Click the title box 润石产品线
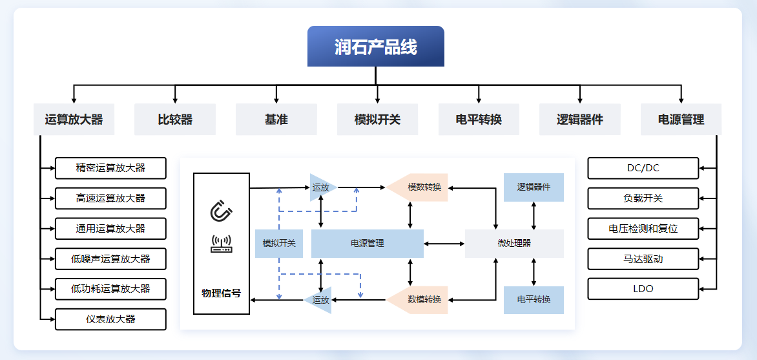[x=376, y=46]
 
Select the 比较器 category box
[x=175, y=120]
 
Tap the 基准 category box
[x=276, y=120]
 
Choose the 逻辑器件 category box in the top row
[x=580, y=120]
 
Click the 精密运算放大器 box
[x=110, y=168]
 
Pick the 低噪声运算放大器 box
[x=110, y=259]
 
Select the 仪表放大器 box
[x=110, y=319]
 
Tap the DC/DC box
[x=643, y=168]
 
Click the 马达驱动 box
[x=643, y=259]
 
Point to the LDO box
[x=643, y=289]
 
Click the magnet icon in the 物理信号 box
[x=221, y=211]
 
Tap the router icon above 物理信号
[x=221, y=244]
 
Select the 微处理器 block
[x=514, y=244]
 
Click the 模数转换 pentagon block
[x=417, y=187]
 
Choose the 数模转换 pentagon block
[x=417, y=300]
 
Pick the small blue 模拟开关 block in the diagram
[x=279, y=244]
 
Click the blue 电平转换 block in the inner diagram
[x=534, y=300]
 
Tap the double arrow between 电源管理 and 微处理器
[x=444, y=244]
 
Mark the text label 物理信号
[x=221, y=293]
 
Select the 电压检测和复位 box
[x=643, y=229]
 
